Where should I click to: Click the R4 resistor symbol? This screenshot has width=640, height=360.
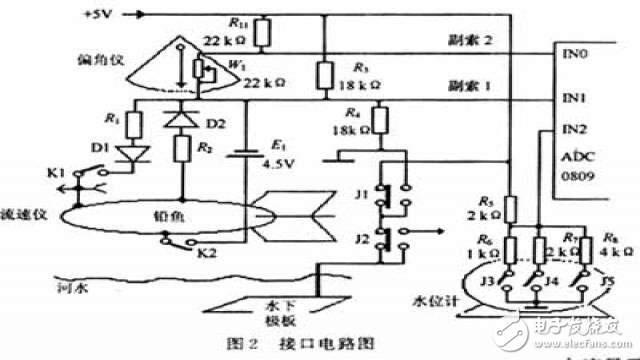tap(381, 121)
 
